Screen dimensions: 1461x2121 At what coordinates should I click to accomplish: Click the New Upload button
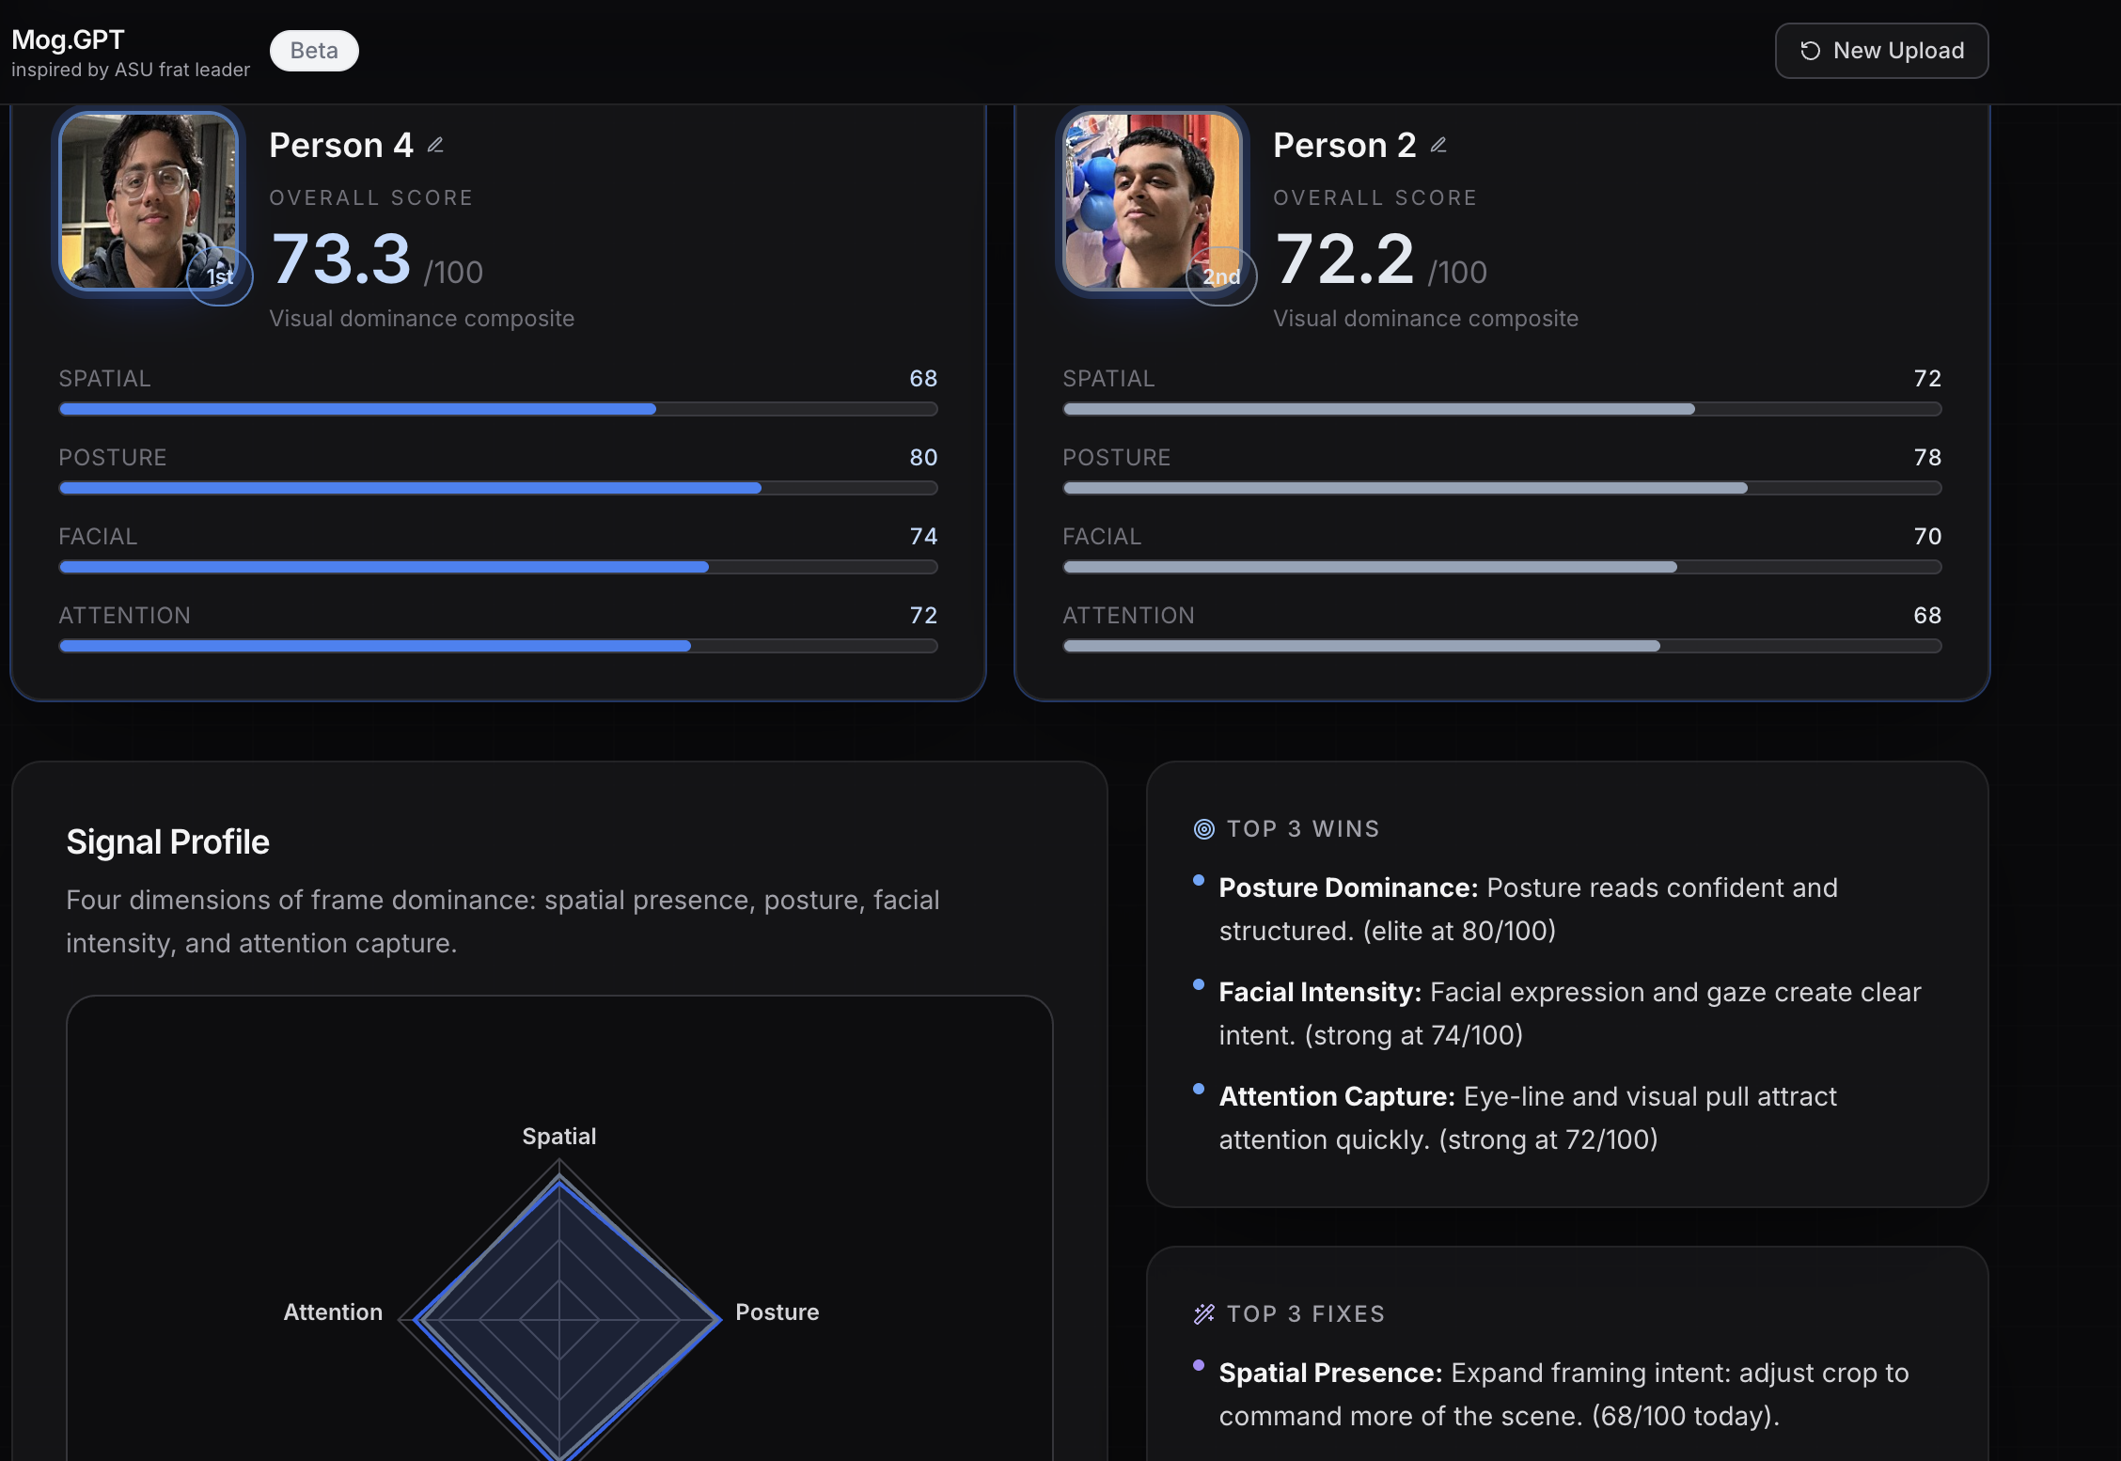[x=1881, y=51]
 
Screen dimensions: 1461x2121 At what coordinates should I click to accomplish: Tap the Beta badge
[x=314, y=51]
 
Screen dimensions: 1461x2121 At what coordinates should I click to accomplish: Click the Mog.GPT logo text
[x=68, y=39]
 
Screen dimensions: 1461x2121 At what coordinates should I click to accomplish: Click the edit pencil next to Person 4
[x=435, y=145]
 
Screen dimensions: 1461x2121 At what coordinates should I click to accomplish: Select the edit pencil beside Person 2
[x=1438, y=145]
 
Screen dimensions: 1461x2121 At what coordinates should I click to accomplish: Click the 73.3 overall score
[x=341, y=259]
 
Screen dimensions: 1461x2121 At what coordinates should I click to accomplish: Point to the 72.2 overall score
[x=1345, y=259]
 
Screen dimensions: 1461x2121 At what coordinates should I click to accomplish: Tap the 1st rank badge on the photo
[x=220, y=276]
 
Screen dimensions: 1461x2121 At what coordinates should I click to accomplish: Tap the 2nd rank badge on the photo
[x=1221, y=276]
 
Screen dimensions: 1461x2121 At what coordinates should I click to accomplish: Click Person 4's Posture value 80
[x=923, y=458]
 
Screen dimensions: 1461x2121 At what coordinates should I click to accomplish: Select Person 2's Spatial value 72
[x=1927, y=379]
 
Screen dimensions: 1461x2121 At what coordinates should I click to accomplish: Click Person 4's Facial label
[x=98, y=537]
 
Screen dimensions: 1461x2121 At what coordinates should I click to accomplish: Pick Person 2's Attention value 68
[x=1927, y=616]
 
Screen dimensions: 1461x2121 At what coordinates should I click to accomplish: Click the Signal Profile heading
[x=167, y=842]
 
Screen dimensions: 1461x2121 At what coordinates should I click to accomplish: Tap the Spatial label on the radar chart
[x=559, y=1137]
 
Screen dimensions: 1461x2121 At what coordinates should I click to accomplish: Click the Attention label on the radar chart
[x=333, y=1312]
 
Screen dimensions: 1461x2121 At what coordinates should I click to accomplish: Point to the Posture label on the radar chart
[x=777, y=1312]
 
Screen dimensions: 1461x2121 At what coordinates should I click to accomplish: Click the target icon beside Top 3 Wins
[x=1204, y=829]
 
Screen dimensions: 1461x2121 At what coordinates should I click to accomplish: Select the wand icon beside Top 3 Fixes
[x=1204, y=1314]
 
